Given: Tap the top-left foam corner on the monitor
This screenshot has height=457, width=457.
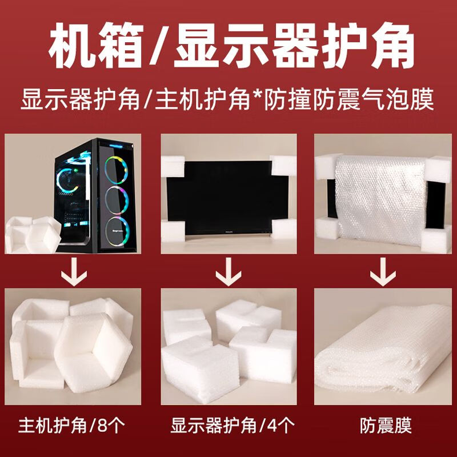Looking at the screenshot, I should point(173,166).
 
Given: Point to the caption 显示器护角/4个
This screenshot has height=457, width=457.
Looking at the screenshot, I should point(228,426).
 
